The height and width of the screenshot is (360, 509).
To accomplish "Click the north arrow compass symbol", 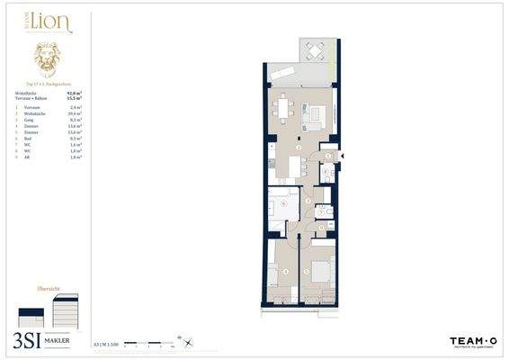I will coord(183,341).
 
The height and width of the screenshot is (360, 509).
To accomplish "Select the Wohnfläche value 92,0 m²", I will coord(73,91).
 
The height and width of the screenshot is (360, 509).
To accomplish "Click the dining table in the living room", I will coord(285,107).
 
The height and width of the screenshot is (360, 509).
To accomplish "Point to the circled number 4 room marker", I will coord(286,270).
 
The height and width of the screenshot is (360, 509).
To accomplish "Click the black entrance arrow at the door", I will coord(343,157).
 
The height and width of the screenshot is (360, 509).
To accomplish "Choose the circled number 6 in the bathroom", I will coord(284,204).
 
